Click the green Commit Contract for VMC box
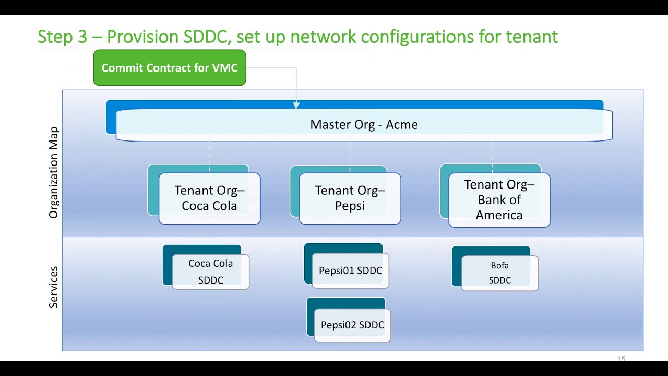[170, 68]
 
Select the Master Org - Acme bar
[364, 125]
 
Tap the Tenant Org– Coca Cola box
[209, 198]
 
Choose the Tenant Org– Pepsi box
[350, 198]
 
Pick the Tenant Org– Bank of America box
[499, 200]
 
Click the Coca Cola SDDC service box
[211, 272]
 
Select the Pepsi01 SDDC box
[350, 271]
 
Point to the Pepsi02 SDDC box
[352, 325]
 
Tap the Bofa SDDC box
[499, 273]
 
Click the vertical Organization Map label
[54, 172]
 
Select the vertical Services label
[54, 287]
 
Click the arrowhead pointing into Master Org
[296, 105]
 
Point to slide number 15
[621, 359]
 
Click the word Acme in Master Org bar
[402, 125]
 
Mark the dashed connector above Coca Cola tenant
[209, 154]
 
